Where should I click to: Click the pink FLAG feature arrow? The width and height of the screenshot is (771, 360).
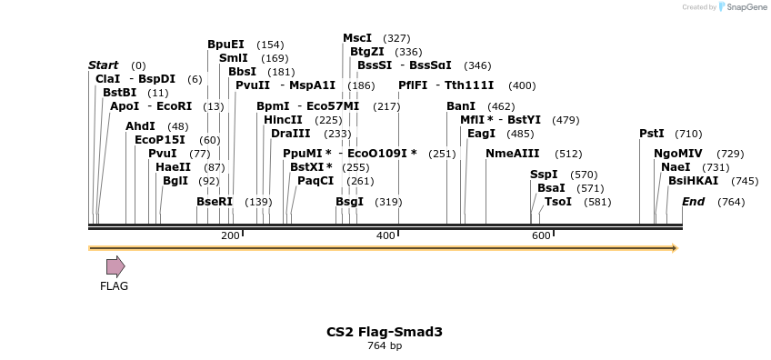click(115, 265)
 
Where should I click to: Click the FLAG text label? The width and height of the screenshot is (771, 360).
click(114, 286)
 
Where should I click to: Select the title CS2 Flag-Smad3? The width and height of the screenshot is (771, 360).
click(385, 332)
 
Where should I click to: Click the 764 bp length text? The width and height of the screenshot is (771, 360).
click(385, 346)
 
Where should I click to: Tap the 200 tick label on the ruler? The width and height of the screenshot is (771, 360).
click(230, 236)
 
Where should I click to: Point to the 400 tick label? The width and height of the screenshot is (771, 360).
click(385, 236)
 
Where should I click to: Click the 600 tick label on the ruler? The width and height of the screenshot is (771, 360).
click(541, 236)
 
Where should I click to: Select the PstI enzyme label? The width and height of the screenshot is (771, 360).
click(652, 134)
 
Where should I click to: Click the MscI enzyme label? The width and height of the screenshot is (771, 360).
click(357, 38)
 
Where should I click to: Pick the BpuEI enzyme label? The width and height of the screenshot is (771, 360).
click(225, 45)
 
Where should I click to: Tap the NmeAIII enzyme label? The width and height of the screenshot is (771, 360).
click(513, 154)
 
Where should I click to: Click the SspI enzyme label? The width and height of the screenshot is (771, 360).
click(544, 175)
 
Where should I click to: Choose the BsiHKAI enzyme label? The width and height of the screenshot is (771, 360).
click(693, 181)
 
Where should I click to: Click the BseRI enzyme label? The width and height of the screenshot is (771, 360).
click(215, 202)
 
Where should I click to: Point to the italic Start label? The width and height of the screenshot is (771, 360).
click(103, 65)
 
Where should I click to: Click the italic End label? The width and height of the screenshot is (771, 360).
click(693, 202)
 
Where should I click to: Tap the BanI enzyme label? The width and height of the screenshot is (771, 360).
click(461, 106)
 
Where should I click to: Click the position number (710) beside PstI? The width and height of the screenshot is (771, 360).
click(688, 134)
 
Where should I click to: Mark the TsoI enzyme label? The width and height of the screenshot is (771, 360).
click(558, 202)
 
